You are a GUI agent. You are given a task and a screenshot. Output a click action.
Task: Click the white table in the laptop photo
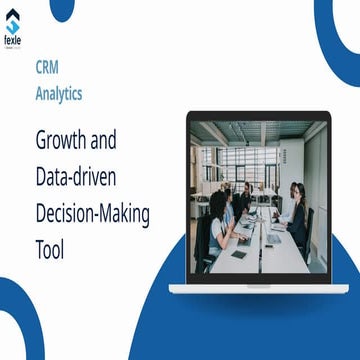click(263, 244)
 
